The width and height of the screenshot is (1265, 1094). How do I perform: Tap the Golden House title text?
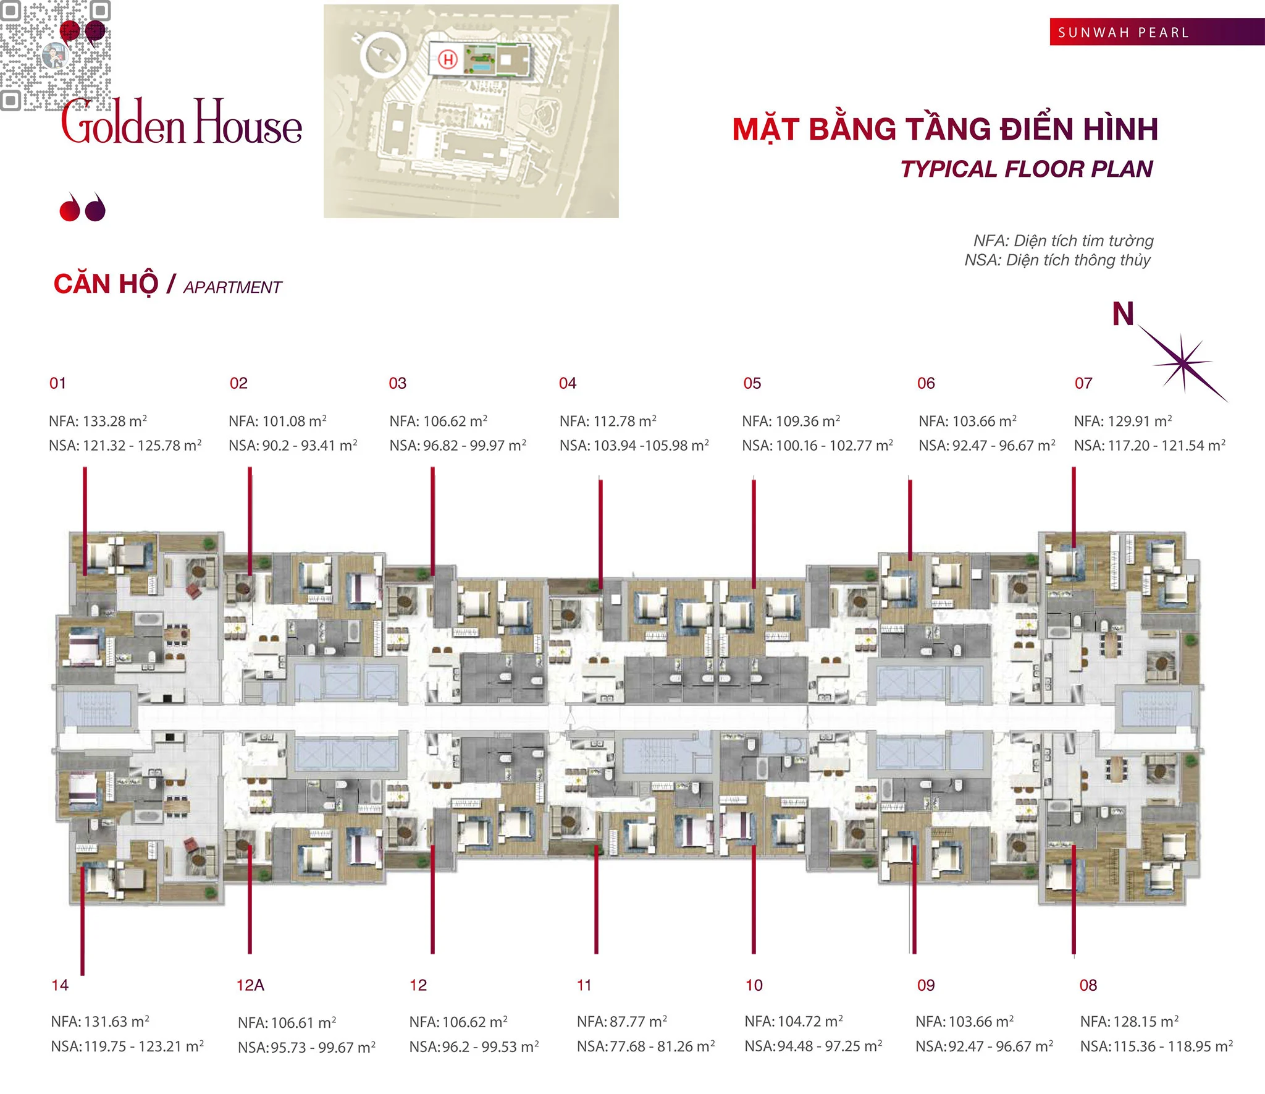[182, 124]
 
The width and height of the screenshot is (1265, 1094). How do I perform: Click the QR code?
[56, 56]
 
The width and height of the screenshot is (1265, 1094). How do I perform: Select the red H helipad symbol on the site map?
[448, 60]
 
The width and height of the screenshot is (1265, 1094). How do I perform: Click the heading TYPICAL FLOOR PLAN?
[1027, 169]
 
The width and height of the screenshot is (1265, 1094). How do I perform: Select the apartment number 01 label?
[57, 383]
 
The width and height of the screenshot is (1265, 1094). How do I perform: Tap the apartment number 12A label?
[250, 985]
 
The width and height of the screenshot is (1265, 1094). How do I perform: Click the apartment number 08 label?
[1088, 985]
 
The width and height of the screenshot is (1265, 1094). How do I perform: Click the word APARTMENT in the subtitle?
[233, 287]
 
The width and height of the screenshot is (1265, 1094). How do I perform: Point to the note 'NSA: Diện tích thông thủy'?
[1057, 260]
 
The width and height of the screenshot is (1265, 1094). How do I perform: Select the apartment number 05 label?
[752, 383]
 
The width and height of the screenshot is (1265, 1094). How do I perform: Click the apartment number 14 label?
[60, 985]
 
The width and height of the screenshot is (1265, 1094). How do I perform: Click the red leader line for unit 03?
[433, 519]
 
